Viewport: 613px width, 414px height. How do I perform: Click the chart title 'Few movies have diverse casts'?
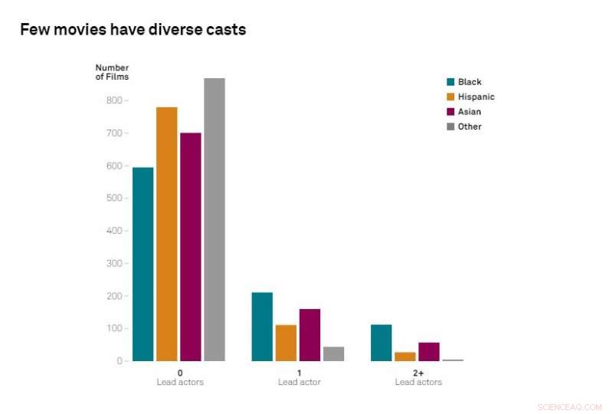[133, 30]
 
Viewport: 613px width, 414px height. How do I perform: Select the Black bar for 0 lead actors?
[143, 264]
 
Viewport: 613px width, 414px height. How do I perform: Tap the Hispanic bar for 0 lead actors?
[166, 234]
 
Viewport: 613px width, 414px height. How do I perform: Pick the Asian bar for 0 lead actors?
[190, 247]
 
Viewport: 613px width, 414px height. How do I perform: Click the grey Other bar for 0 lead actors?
[214, 219]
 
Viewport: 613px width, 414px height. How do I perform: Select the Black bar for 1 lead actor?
[262, 327]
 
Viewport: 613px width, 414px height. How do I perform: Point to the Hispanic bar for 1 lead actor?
[286, 343]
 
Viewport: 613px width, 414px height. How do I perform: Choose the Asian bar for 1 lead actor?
[310, 335]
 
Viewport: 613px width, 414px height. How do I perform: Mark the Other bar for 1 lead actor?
[333, 353]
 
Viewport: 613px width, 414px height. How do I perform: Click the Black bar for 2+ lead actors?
[381, 343]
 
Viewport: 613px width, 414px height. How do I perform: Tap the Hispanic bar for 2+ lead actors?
[405, 356]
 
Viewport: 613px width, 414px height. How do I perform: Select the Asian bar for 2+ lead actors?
[428, 351]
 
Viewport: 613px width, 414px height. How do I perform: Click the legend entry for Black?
[464, 82]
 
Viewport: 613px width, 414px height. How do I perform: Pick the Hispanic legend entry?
[470, 97]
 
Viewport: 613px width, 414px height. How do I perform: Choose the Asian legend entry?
[464, 112]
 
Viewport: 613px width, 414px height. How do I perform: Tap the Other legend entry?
[464, 127]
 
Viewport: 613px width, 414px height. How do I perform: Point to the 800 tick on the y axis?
[113, 100]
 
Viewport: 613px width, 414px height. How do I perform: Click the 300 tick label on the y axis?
[113, 263]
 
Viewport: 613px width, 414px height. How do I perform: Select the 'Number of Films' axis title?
[112, 72]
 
